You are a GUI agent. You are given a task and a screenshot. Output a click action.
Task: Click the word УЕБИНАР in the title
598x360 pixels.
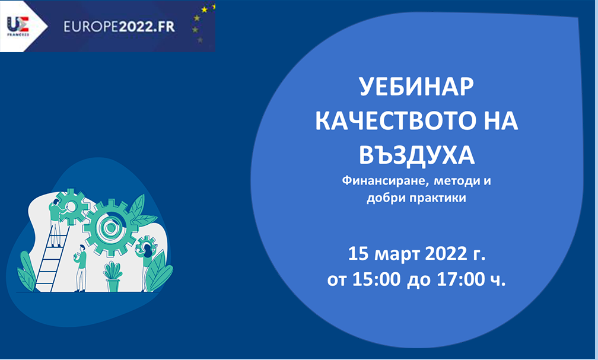tap(416, 87)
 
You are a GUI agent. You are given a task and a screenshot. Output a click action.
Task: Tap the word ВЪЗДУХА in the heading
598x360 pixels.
tap(417, 155)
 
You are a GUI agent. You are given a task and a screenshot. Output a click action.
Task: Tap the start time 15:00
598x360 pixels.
tap(376, 279)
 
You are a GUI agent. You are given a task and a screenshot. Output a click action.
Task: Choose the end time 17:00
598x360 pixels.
tap(460, 279)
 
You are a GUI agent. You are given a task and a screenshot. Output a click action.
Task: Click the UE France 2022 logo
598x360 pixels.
tap(18, 26)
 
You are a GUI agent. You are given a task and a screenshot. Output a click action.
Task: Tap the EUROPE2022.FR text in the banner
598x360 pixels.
tap(119, 26)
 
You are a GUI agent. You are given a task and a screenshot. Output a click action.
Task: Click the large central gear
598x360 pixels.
tap(110, 228)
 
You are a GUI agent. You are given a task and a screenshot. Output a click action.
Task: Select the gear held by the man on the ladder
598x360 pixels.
tap(71, 207)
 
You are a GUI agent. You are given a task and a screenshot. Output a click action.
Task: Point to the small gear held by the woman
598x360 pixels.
tap(147, 244)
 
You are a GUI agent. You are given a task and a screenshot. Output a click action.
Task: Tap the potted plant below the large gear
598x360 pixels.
tap(113, 276)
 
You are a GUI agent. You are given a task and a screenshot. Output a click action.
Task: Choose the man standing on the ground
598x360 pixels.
tap(81, 268)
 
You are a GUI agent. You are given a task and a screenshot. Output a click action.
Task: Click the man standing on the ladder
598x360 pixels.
tap(56, 222)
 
